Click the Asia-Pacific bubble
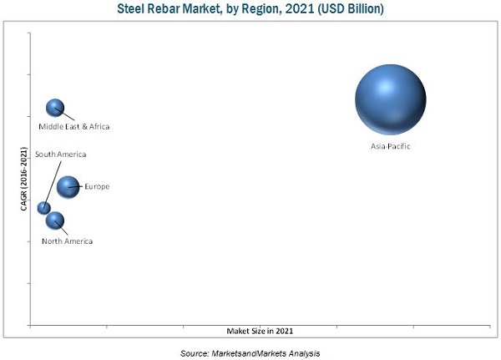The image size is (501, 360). click(x=391, y=99)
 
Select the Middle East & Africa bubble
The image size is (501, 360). click(x=55, y=107)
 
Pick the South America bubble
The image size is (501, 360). click(x=44, y=208)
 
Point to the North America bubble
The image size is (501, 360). click(x=55, y=221)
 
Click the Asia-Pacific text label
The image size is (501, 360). click(x=391, y=146)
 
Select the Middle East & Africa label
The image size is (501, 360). click(x=74, y=127)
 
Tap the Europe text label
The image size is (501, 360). click(x=97, y=186)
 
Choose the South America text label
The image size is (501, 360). click(x=60, y=155)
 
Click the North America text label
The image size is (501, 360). click(x=68, y=241)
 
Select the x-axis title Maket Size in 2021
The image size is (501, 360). click(x=260, y=332)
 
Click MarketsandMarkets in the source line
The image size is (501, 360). click(x=250, y=353)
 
